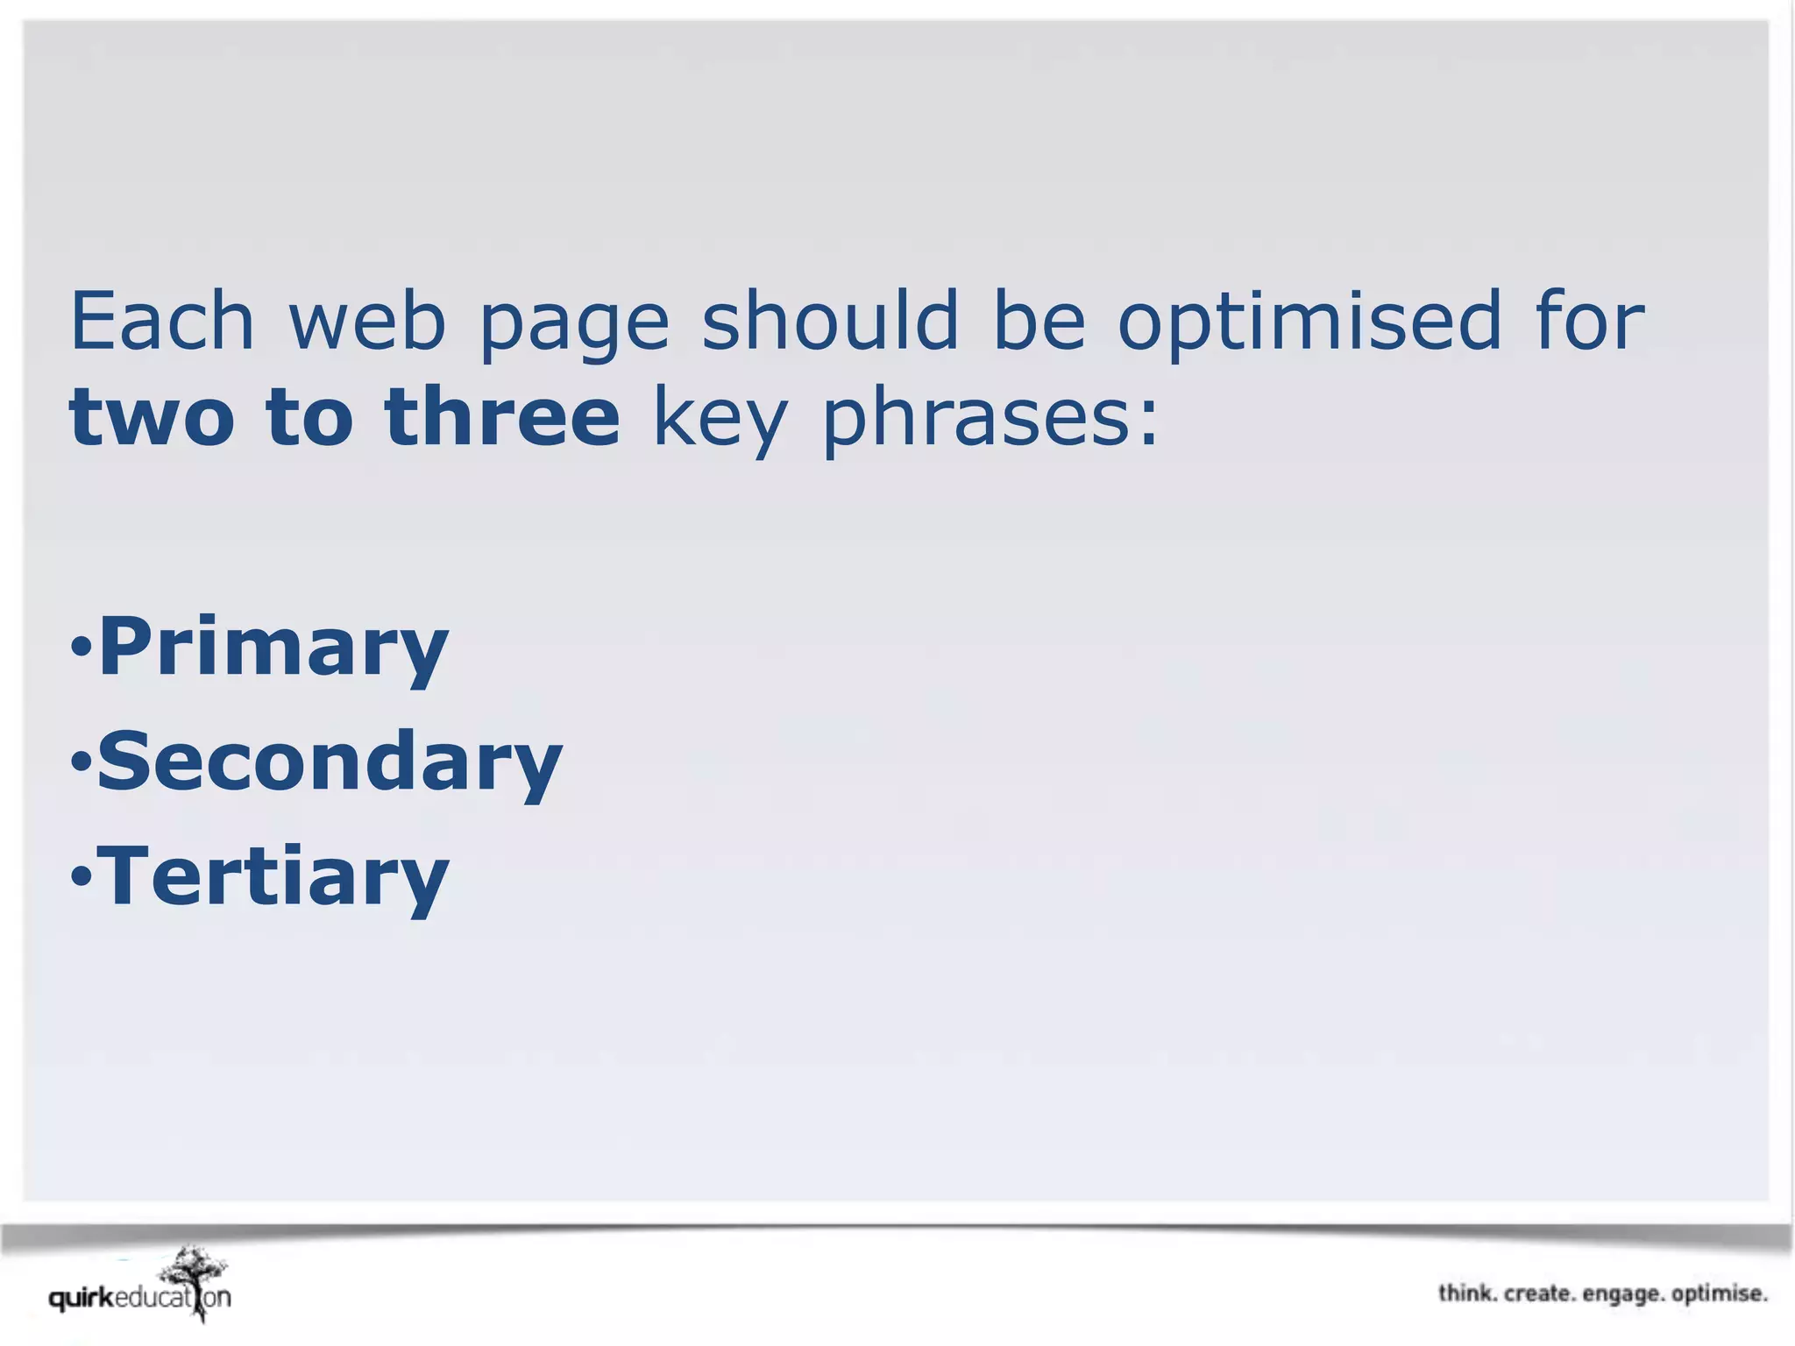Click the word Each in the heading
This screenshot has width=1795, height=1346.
(x=161, y=322)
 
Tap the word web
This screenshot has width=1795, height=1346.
(x=367, y=322)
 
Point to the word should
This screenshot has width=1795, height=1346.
(x=829, y=320)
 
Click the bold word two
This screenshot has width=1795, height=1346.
(x=152, y=418)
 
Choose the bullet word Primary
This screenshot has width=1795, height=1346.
(x=273, y=648)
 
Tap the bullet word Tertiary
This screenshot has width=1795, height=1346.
(x=273, y=876)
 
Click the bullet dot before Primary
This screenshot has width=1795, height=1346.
(x=81, y=649)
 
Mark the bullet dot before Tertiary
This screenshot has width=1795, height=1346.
(x=81, y=875)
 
